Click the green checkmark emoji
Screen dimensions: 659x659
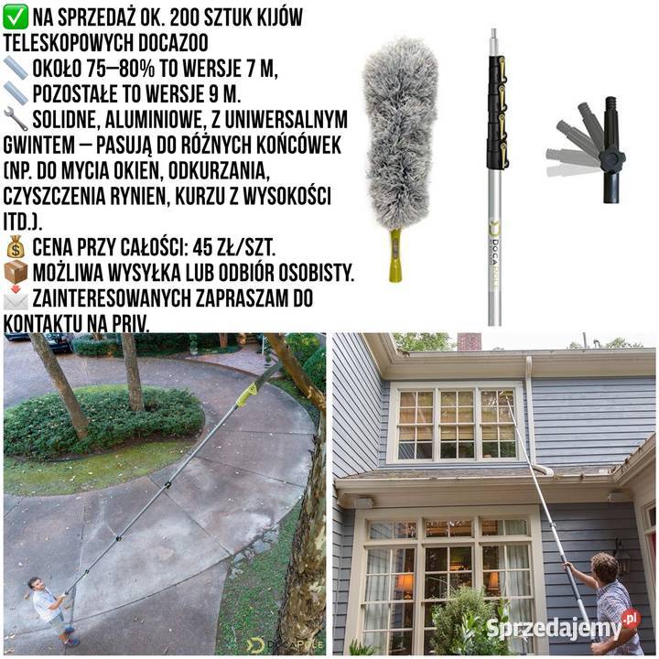click(x=16, y=17)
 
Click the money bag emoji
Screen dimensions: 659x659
click(x=16, y=247)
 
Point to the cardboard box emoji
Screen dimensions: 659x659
click(x=16, y=273)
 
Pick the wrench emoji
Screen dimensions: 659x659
click(x=16, y=119)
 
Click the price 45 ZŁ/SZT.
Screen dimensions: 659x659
click(x=233, y=247)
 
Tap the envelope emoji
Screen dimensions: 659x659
click(x=16, y=298)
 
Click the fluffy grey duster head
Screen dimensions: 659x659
click(x=400, y=134)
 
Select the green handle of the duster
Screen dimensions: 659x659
click(x=395, y=255)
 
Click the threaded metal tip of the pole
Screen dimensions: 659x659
click(x=494, y=37)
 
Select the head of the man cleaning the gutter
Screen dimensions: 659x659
click(x=605, y=567)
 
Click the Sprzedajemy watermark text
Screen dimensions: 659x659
click(x=554, y=628)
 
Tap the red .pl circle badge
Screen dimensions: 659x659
click(x=631, y=619)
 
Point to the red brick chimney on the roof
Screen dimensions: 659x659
click(x=469, y=341)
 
